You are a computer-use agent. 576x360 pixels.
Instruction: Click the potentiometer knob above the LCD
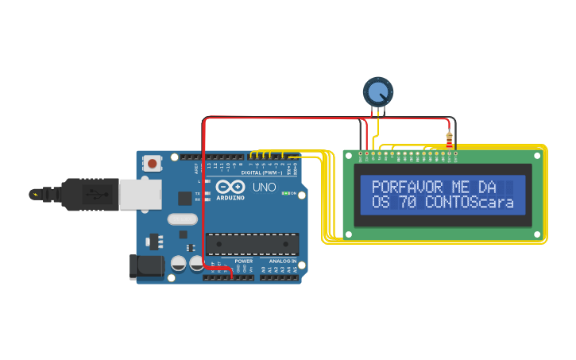click(377, 92)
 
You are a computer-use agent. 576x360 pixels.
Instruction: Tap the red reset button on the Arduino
click(152, 165)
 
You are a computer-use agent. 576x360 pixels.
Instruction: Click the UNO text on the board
click(264, 188)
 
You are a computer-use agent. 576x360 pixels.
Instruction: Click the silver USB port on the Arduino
click(140, 194)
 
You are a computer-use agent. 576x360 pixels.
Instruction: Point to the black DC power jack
click(146, 267)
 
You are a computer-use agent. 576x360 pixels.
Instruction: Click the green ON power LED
click(285, 193)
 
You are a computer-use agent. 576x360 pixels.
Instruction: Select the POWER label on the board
click(243, 261)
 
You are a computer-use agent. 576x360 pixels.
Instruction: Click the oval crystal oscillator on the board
click(182, 219)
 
